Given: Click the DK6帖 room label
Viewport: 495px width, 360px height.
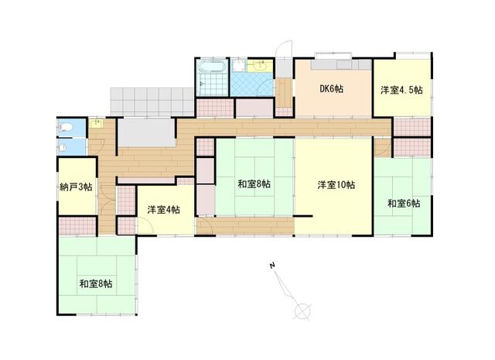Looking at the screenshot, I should click(332, 89).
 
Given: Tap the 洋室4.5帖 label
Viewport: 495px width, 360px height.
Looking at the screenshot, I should click(401, 91).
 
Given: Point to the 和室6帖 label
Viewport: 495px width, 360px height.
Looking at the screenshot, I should click(404, 204).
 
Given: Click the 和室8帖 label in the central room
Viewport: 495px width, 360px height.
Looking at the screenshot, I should click(254, 184).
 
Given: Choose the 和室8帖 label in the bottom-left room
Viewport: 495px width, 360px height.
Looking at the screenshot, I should click(95, 284).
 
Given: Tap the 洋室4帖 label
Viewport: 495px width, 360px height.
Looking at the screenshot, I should click(163, 210).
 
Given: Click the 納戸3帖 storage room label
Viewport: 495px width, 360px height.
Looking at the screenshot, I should click(76, 187).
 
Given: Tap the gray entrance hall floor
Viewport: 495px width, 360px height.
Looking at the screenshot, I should click(145, 131).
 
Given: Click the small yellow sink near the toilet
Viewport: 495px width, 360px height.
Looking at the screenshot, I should click(97, 123).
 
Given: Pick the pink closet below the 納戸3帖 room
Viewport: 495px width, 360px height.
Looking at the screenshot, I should click(76, 225).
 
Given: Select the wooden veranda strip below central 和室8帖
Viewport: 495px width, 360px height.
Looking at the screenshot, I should click(244, 225).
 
